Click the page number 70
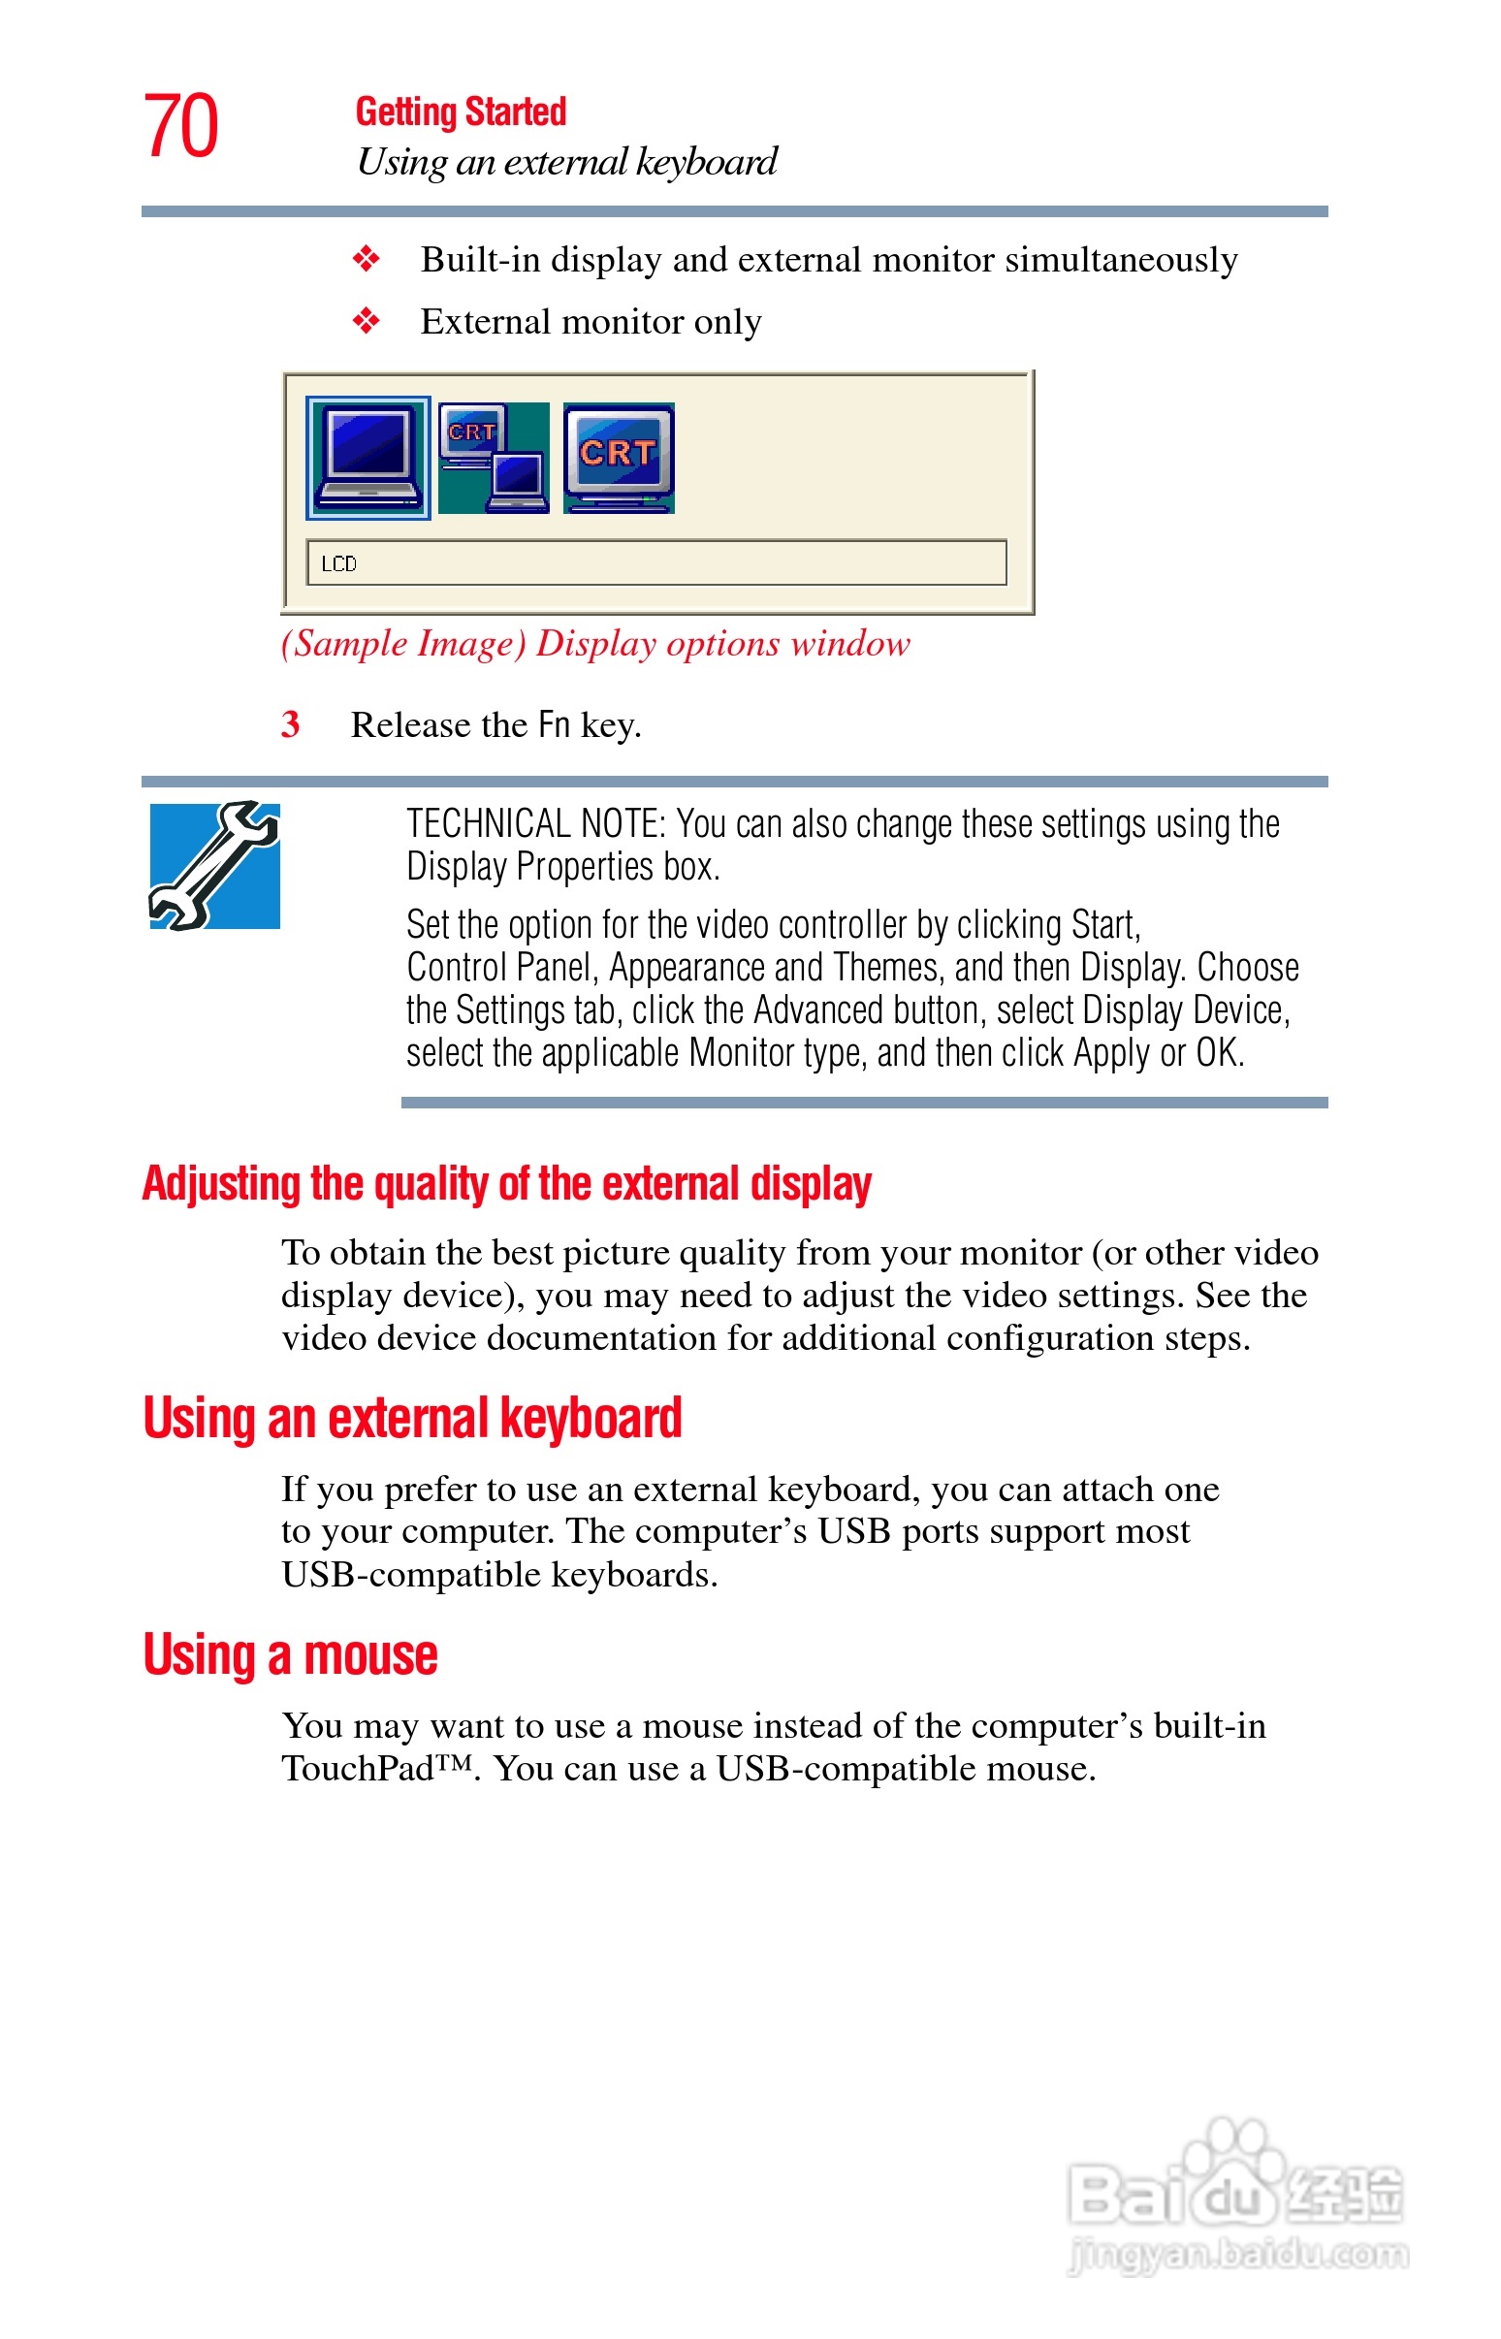click(181, 126)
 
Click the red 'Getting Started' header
click(460, 112)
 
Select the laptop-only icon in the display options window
click(367, 458)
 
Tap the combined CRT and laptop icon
click(494, 458)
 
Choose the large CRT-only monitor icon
click(618, 458)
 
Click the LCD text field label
click(338, 563)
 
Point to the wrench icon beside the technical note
click(214, 865)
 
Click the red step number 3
click(290, 724)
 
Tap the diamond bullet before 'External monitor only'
click(367, 321)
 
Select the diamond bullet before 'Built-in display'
click(367, 259)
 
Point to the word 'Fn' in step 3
click(554, 724)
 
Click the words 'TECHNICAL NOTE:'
click(535, 824)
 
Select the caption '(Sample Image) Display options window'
click(594, 643)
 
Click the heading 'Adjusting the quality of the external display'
click(507, 1183)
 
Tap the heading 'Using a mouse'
click(291, 1654)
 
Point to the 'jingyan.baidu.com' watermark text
click(1238, 2255)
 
